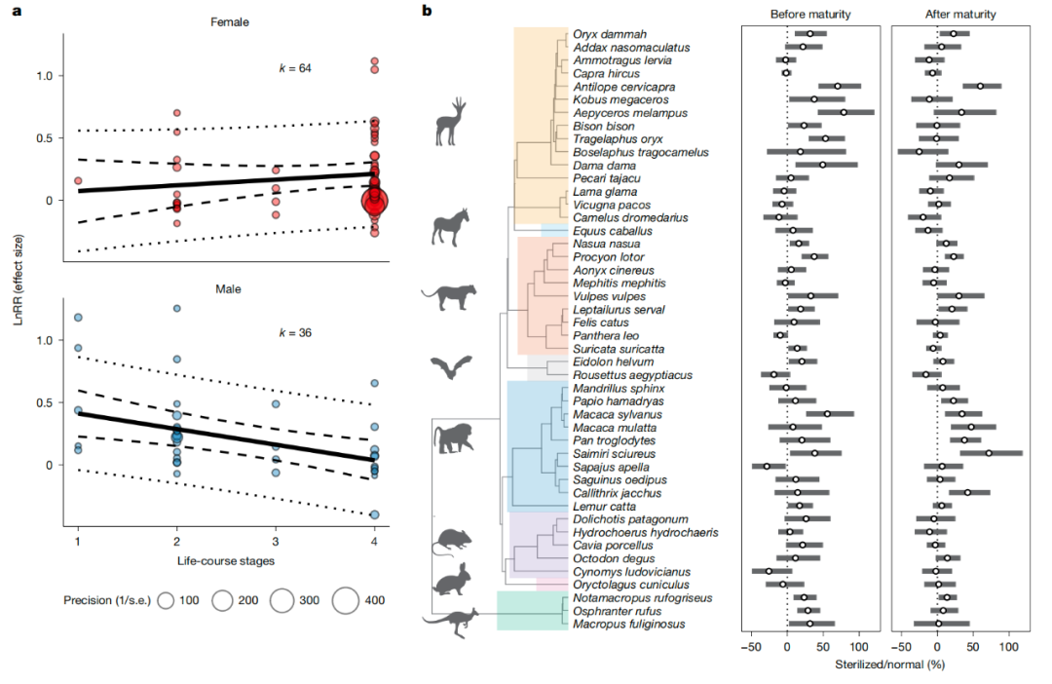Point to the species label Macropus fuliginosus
[625, 624]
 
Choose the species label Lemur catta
[600, 506]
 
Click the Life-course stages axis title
[225, 562]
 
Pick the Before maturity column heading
[810, 14]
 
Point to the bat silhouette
[449, 367]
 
